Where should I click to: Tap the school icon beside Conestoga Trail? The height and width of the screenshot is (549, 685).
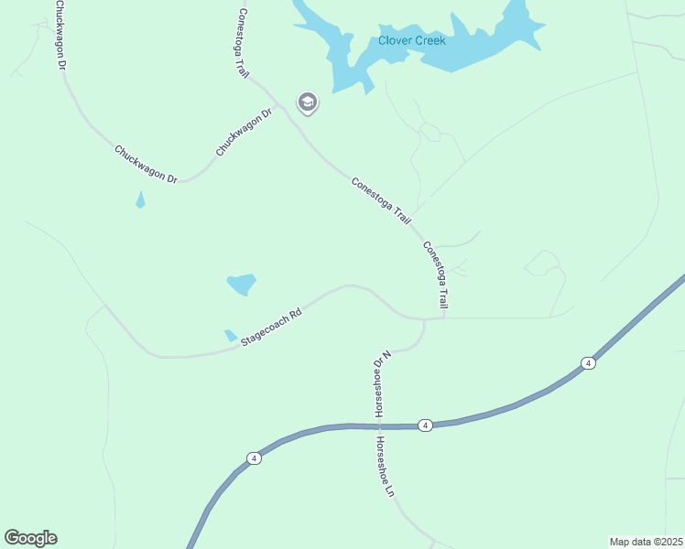[308, 102]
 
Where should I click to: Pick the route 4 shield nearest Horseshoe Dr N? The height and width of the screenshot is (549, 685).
[425, 425]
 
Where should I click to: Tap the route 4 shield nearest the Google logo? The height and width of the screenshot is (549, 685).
[255, 457]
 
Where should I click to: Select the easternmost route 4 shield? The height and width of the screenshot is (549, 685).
[588, 363]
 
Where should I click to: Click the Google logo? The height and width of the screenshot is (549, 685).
[30, 538]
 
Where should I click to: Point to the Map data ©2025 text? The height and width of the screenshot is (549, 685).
[646, 541]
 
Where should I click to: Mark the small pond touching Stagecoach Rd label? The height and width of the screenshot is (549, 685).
[230, 336]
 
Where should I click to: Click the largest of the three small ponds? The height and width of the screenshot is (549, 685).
[241, 285]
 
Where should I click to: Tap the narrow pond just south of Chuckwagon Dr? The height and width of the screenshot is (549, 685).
[140, 199]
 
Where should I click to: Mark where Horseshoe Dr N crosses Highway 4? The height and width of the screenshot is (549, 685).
[378, 426]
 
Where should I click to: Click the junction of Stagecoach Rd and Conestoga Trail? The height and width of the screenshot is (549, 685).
[442, 318]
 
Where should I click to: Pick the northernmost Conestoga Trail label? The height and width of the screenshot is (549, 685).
[244, 43]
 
